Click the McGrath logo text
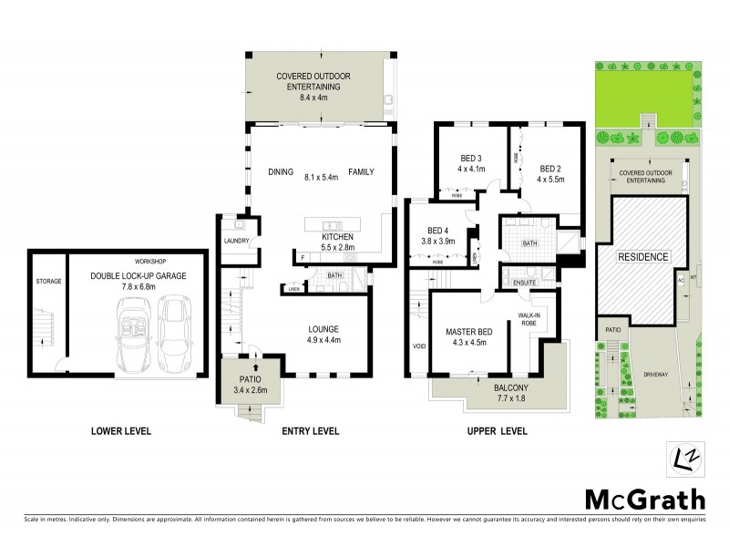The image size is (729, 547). (643, 500)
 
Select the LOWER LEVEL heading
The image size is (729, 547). (121, 431)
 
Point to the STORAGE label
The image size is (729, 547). (48, 282)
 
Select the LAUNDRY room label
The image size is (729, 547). (236, 241)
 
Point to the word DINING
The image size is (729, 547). (281, 171)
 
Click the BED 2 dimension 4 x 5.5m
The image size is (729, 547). (550, 180)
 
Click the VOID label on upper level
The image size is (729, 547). (419, 346)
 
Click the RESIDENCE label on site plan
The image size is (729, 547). (644, 257)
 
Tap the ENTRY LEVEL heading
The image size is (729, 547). (310, 431)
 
